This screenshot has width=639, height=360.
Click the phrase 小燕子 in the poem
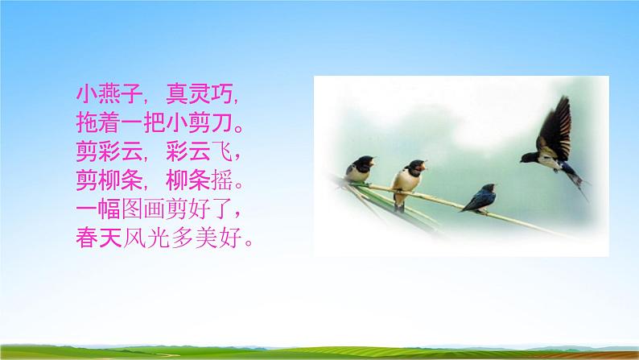point(105,93)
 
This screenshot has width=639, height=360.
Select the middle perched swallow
point(408,176)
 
